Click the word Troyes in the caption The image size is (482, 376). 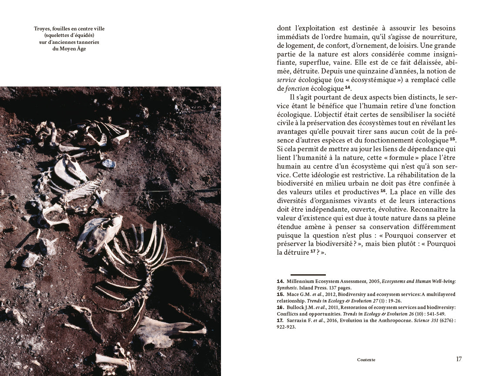pyautogui.click(x=42, y=29)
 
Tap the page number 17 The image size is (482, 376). pyautogui.click(x=459, y=359)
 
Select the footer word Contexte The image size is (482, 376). pyautogui.click(x=366, y=360)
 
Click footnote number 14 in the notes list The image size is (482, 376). pyautogui.click(x=280, y=282)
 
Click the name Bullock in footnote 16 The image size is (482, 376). pyautogui.click(x=295, y=307)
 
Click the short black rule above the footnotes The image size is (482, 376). pyautogui.click(x=308, y=275)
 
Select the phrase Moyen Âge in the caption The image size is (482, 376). pyautogui.click(x=76, y=49)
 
